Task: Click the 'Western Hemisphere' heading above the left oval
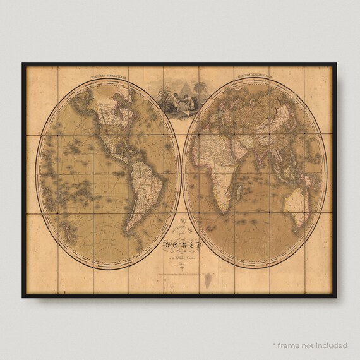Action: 108,74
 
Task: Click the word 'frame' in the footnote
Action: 291,345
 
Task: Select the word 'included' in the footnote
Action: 332,345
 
